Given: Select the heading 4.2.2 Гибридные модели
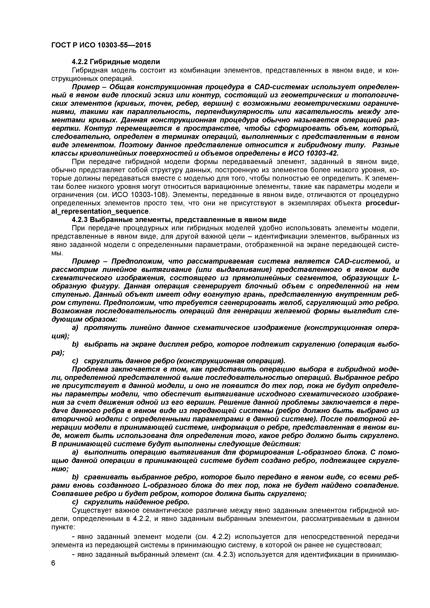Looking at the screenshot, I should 116,62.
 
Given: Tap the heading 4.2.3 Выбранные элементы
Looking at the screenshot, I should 179,220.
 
